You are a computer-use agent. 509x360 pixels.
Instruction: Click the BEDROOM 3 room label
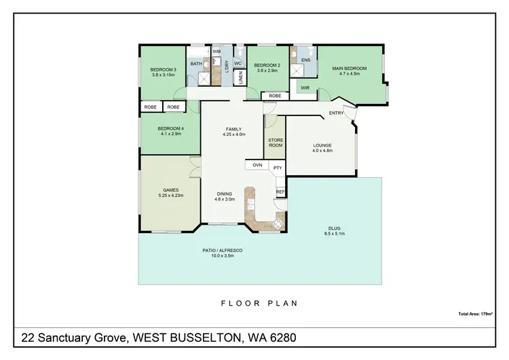(163, 69)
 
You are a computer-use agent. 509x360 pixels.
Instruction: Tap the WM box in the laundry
(216, 52)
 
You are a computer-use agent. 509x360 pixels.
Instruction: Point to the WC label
(238, 64)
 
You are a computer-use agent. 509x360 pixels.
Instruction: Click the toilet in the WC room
(238, 52)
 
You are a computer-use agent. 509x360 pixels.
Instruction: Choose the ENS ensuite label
(305, 60)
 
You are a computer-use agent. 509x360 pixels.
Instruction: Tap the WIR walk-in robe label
(305, 88)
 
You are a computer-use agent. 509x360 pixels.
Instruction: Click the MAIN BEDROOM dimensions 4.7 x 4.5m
(350, 74)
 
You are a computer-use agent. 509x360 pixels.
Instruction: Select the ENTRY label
(336, 113)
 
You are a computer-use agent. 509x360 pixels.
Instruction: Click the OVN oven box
(257, 165)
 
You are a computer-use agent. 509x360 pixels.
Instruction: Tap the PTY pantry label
(277, 167)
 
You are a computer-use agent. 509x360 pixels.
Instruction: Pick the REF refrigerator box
(280, 192)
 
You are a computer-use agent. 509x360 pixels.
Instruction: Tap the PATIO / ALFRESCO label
(223, 251)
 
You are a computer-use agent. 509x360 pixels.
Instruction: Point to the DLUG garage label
(335, 229)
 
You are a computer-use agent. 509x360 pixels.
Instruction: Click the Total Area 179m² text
(474, 313)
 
